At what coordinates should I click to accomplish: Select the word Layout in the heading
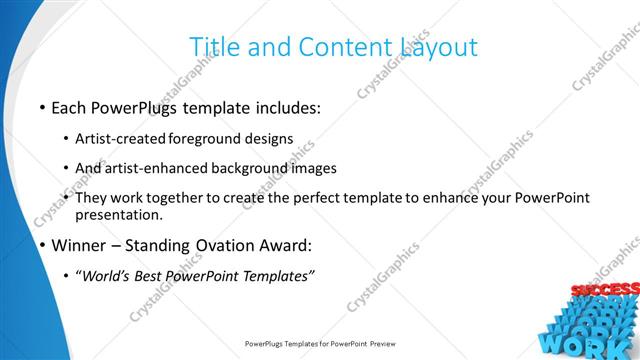[438, 46]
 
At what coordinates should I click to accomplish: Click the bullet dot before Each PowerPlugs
[42, 107]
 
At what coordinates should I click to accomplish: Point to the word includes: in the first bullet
[286, 106]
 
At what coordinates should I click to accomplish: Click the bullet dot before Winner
[42, 245]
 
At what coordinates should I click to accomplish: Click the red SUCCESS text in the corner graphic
[604, 290]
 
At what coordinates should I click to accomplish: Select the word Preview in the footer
[378, 343]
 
